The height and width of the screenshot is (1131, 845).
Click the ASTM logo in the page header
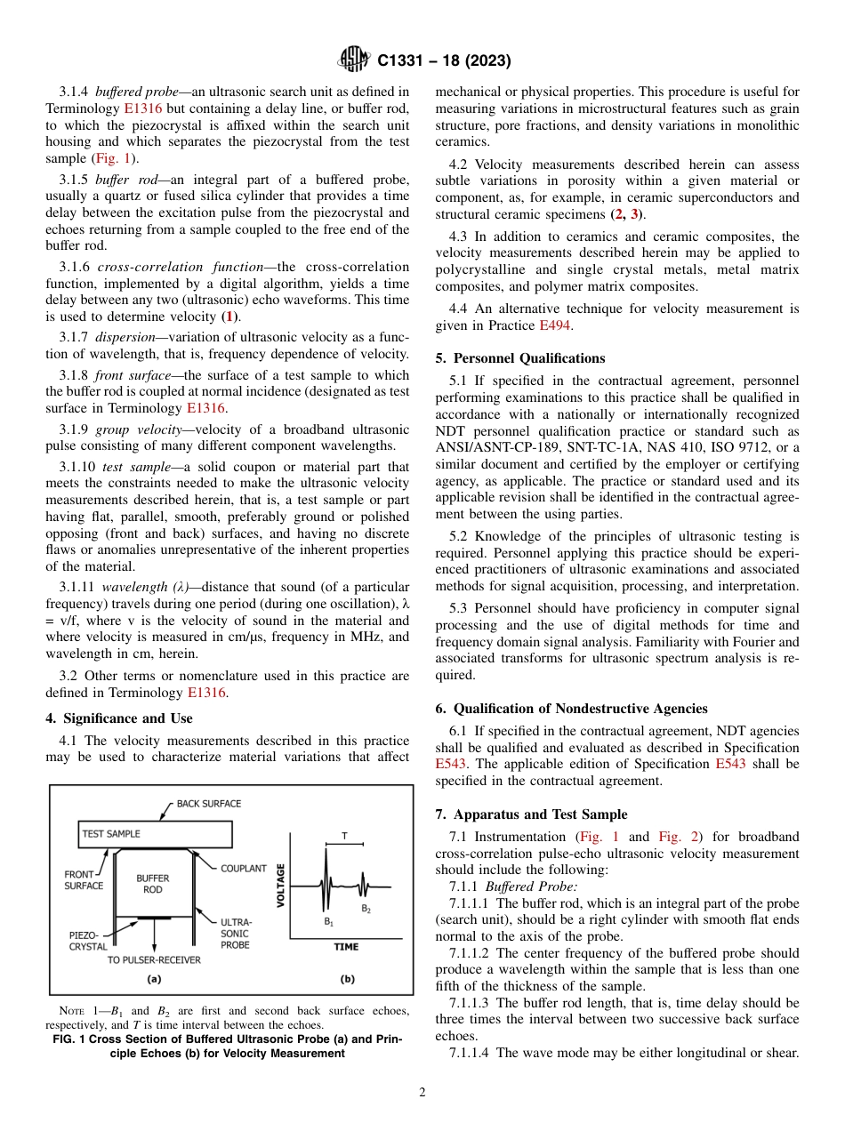(x=355, y=60)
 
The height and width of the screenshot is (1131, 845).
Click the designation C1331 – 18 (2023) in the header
(x=444, y=61)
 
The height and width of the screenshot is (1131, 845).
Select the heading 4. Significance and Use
(x=119, y=718)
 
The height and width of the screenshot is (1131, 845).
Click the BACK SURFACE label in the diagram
(x=208, y=804)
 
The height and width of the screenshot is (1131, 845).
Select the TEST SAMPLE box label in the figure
(x=111, y=834)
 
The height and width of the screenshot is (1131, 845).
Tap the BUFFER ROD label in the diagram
(x=153, y=884)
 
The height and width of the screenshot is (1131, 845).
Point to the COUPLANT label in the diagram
(x=243, y=869)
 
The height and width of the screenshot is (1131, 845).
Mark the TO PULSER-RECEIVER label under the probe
(x=154, y=959)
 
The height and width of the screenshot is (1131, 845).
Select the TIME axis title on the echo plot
(x=346, y=947)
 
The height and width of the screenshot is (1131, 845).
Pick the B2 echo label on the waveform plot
(x=366, y=909)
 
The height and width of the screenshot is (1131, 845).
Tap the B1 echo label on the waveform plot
(x=328, y=924)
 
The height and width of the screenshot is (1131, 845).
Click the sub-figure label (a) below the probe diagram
(x=153, y=979)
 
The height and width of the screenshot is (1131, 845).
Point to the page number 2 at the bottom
(x=422, y=1093)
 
